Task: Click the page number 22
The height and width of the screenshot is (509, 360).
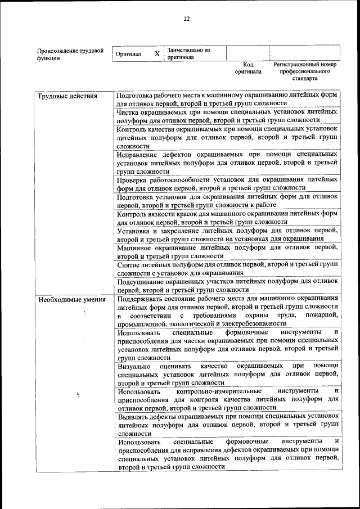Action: click(x=186, y=19)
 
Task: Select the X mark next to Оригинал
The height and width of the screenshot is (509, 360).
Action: click(x=157, y=54)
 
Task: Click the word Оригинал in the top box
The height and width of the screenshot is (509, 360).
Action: click(x=128, y=54)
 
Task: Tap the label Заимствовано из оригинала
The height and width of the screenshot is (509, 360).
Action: click(x=188, y=53)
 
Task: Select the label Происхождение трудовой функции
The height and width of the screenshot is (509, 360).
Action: click(x=70, y=54)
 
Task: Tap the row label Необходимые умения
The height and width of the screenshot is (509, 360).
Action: click(x=71, y=299)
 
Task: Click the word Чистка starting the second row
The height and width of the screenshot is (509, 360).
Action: click(x=129, y=112)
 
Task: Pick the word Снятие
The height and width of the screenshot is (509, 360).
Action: click(x=128, y=264)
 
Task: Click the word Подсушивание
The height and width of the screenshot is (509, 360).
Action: click(x=144, y=281)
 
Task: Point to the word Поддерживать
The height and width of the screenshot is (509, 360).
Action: click(x=142, y=298)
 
